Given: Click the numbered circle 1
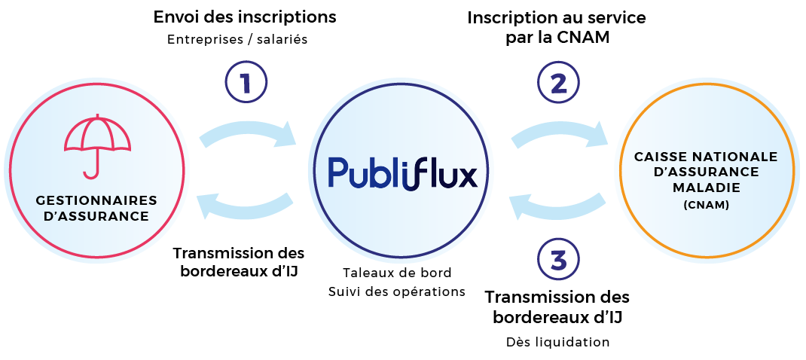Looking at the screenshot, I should [x=246, y=81].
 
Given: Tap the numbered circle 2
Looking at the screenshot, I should [x=558, y=81].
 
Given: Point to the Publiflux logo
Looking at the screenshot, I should [x=403, y=173].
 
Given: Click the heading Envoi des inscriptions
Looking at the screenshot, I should [x=245, y=17].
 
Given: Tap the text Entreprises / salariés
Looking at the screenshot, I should [x=237, y=40].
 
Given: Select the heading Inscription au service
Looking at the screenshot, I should [x=557, y=17].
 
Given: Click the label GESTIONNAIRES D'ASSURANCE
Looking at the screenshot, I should [x=96, y=208].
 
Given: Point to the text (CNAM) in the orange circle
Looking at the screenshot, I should [x=706, y=203].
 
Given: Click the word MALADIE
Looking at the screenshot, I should [x=706, y=187].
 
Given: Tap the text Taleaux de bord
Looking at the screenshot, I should [x=397, y=273].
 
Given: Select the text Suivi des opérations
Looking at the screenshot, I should [x=397, y=291].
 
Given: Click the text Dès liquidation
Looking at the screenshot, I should [x=557, y=342].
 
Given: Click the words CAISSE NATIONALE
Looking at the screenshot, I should [x=706, y=157].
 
